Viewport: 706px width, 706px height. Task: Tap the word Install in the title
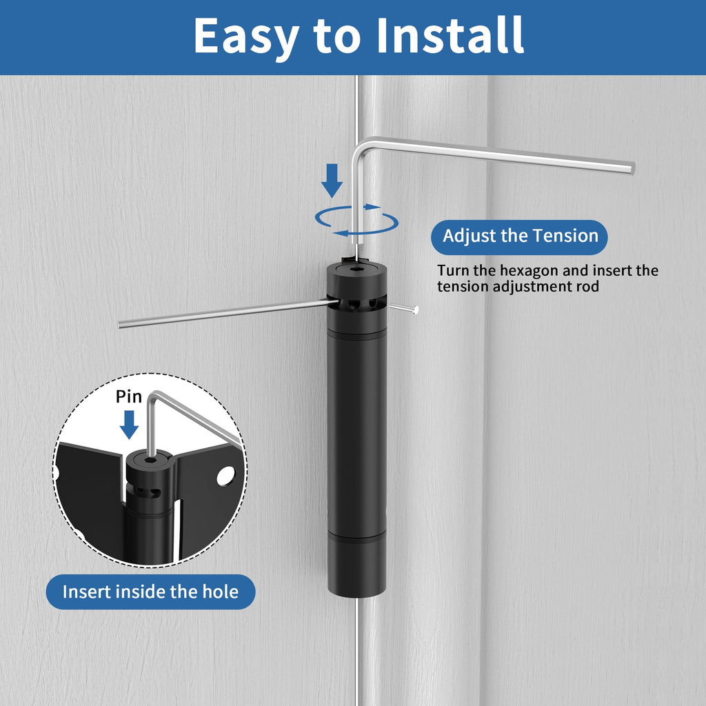[x=450, y=35]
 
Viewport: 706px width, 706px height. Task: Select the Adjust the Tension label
[x=519, y=237]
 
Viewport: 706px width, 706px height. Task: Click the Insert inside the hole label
[x=150, y=592]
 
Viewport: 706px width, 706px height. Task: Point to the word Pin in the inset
[x=129, y=396]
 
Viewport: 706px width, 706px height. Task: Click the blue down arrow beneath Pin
[x=129, y=425]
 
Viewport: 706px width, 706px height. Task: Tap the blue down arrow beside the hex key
[x=332, y=181]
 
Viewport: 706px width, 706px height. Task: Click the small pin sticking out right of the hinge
[x=404, y=308]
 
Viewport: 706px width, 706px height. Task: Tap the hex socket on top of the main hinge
[x=356, y=270]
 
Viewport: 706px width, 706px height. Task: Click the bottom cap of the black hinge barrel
[x=356, y=568]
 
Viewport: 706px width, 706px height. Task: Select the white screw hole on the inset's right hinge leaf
[x=225, y=476]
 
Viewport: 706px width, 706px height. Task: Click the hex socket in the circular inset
[x=150, y=461]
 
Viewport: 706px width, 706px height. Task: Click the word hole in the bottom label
[x=220, y=592]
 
